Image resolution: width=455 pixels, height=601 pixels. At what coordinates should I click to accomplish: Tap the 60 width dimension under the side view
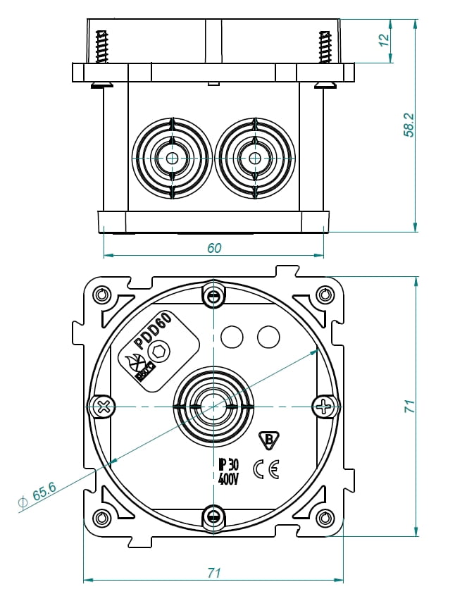click(214, 247)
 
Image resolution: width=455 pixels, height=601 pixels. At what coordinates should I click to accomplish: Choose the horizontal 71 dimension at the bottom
click(214, 573)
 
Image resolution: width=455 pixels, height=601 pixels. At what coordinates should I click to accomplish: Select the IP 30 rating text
click(229, 464)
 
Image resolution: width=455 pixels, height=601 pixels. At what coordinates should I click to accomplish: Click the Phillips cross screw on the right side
click(323, 406)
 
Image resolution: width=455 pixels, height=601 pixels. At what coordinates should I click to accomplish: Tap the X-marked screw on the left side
click(103, 406)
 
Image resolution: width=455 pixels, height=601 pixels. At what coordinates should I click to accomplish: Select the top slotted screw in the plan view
click(213, 296)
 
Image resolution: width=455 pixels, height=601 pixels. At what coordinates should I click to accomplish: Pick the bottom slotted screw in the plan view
click(213, 516)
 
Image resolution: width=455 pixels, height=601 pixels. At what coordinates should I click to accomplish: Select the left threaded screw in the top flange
click(103, 48)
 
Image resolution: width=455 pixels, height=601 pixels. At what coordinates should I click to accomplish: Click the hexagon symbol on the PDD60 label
click(161, 352)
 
